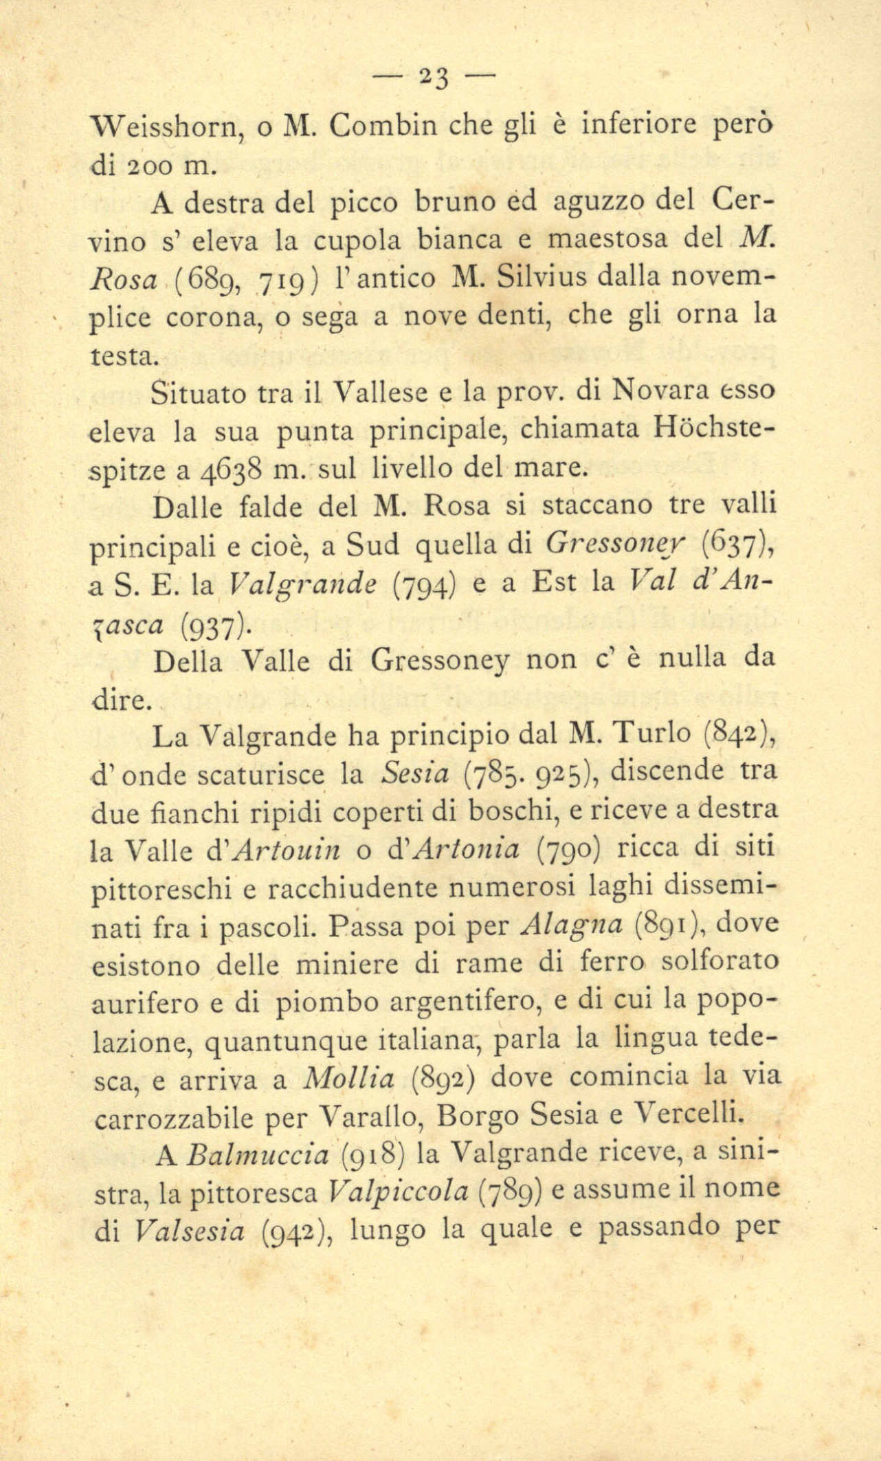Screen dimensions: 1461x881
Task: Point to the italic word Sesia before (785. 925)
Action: click(x=414, y=775)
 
